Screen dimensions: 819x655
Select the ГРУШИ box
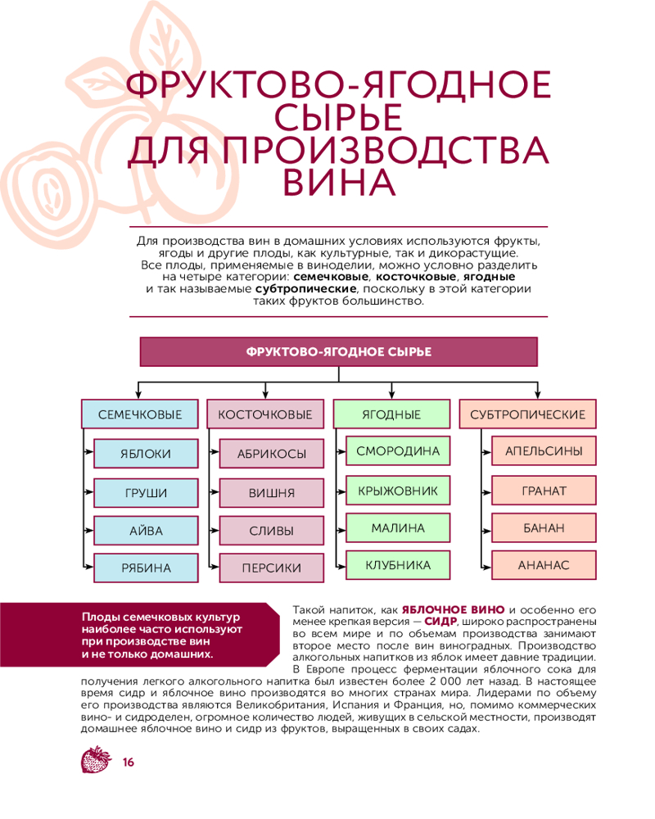pyautogui.click(x=147, y=492)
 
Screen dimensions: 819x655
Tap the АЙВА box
pyautogui.click(x=147, y=531)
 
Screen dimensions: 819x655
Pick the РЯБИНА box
pyautogui.click(x=147, y=568)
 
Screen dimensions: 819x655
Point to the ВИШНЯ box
pyautogui.click(x=272, y=492)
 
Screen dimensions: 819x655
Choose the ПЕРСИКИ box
pyautogui.click(x=272, y=568)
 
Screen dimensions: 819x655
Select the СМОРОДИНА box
pyautogui.click(x=398, y=451)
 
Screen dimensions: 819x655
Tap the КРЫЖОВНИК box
pyautogui.click(x=398, y=491)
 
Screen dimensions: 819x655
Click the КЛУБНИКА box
pyautogui.click(x=398, y=565)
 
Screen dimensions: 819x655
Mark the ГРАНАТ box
pyautogui.click(x=544, y=491)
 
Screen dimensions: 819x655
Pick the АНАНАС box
pyautogui.click(x=544, y=565)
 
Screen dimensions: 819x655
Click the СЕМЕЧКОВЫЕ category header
pyautogui.click(x=140, y=414)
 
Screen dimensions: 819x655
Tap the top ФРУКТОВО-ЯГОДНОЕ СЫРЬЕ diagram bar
pyautogui.click(x=339, y=351)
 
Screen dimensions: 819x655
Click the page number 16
pyautogui.click(x=128, y=762)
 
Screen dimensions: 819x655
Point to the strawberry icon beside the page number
pyautogui.click(x=96, y=760)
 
